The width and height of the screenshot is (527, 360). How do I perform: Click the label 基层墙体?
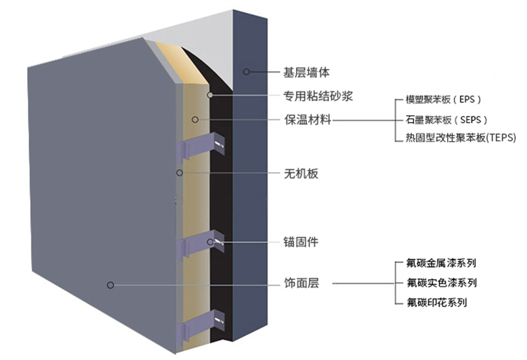[x=306, y=72]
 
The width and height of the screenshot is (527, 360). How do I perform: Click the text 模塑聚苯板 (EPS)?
[x=444, y=100]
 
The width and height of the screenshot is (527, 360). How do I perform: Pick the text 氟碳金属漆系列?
[x=442, y=263]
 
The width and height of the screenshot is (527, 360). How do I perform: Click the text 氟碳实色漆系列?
[x=442, y=283]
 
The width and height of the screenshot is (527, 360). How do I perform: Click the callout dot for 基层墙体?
[x=246, y=72]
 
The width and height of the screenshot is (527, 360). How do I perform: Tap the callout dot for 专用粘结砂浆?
[x=211, y=95]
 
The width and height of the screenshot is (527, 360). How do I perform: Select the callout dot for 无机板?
[x=179, y=173]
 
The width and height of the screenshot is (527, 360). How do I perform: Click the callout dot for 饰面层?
[x=110, y=285]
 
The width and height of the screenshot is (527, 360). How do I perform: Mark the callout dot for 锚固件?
[x=210, y=241]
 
